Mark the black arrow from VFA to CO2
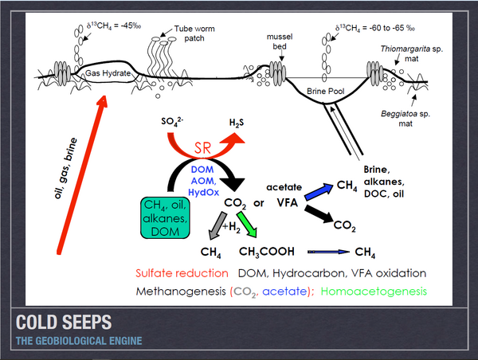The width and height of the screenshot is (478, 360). (x=319, y=214)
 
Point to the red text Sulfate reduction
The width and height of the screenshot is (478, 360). (x=181, y=273)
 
